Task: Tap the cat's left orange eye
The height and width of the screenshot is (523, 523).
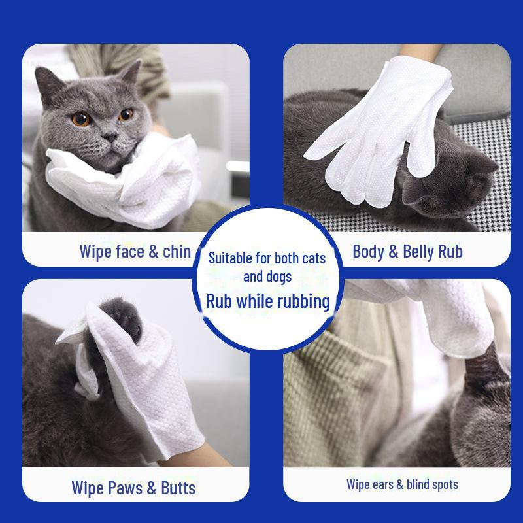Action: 81,118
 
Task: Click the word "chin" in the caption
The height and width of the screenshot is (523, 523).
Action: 178,251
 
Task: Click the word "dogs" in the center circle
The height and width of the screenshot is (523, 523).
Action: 278,277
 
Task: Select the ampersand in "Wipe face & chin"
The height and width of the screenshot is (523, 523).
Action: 155,251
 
